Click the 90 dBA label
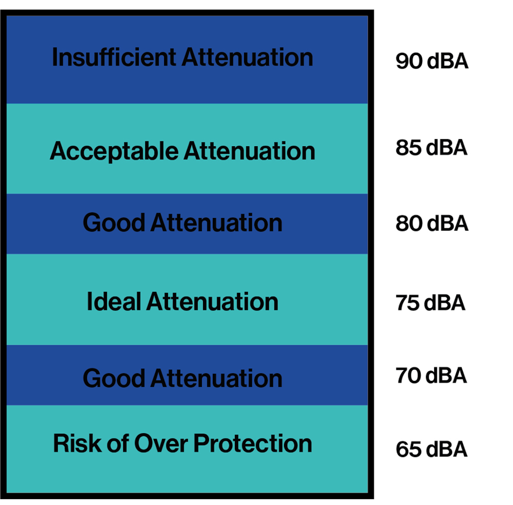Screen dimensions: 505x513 click(x=431, y=62)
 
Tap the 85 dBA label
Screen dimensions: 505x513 click(x=431, y=147)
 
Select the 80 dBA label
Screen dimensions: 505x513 click(x=431, y=223)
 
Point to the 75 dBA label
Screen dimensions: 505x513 click(x=430, y=303)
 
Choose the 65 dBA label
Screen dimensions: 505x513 click(x=431, y=449)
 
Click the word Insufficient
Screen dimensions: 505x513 click(x=114, y=57)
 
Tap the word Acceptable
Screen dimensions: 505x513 click(x=114, y=151)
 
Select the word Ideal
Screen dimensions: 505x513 click(x=114, y=301)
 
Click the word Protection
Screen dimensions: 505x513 click(x=253, y=443)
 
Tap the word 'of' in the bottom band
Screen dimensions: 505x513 click(x=116, y=443)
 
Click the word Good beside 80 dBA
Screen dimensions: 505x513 click(x=114, y=223)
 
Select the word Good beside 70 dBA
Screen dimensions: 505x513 click(x=114, y=378)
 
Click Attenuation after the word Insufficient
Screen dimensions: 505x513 click(x=247, y=57)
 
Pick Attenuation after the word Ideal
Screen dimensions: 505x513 click(x=212, y=301)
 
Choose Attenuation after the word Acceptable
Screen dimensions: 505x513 click(x=249, y=151)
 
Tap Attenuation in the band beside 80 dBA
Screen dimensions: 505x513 click(x=216, y=223)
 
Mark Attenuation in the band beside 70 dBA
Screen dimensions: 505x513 click(x=216, y=378)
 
